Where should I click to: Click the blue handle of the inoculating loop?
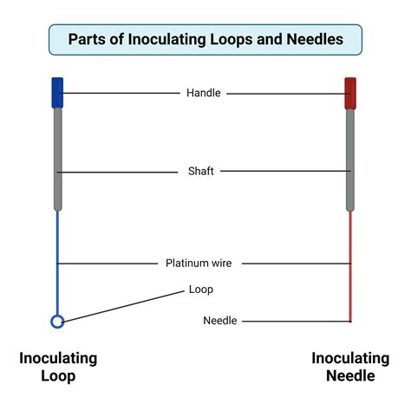(x=57, y=92)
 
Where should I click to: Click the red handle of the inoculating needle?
(x=350, y=92)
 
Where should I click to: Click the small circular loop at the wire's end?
(x=57, y=322)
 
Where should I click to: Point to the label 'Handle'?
(x=204, y=93)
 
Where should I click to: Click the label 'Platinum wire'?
(x=199, y=263)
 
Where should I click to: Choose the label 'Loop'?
(x=200, y=290)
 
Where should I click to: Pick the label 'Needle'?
(x=219, y=321)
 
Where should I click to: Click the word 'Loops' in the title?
(x=226, y=39)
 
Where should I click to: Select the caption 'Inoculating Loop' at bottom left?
(x=57, y=367)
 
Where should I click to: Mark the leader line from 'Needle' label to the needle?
(x=295, y=321)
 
